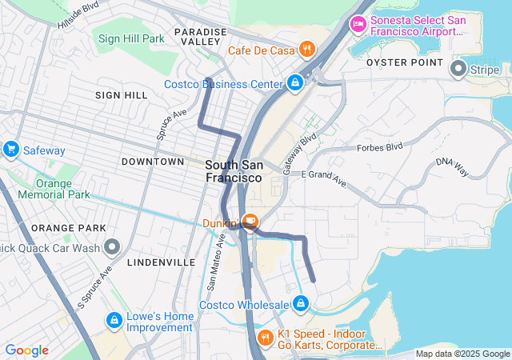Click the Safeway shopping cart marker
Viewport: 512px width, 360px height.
[11, 149]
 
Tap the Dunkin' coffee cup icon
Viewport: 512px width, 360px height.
[250, 221]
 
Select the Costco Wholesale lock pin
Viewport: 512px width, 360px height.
[301, 304]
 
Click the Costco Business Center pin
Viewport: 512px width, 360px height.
[295, 82]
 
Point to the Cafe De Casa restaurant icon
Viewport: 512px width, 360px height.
[306, 50]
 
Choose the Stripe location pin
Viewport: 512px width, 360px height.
[458, 70]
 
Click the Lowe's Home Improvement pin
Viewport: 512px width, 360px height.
[113, 321]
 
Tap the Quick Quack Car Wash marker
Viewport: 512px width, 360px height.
[112, 247]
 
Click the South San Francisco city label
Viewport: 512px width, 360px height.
[234, 170]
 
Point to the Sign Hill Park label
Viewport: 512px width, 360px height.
[131, 38]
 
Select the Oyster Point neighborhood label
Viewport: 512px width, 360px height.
[404, 62]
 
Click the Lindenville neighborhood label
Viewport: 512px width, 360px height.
[161, 262]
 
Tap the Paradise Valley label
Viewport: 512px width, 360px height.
[201, 37]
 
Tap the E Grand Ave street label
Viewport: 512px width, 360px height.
[323, 178]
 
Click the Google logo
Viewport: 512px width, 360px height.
[26, 350]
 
